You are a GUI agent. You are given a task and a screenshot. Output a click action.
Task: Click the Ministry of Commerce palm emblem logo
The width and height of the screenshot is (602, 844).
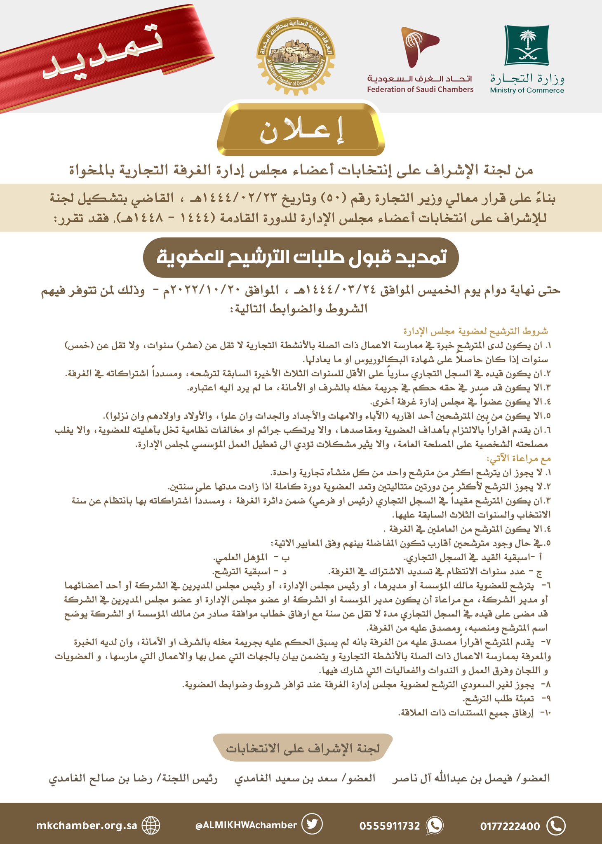(527, 45)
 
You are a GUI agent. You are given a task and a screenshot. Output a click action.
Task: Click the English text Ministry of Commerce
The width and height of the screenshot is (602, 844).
(527, 91)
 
